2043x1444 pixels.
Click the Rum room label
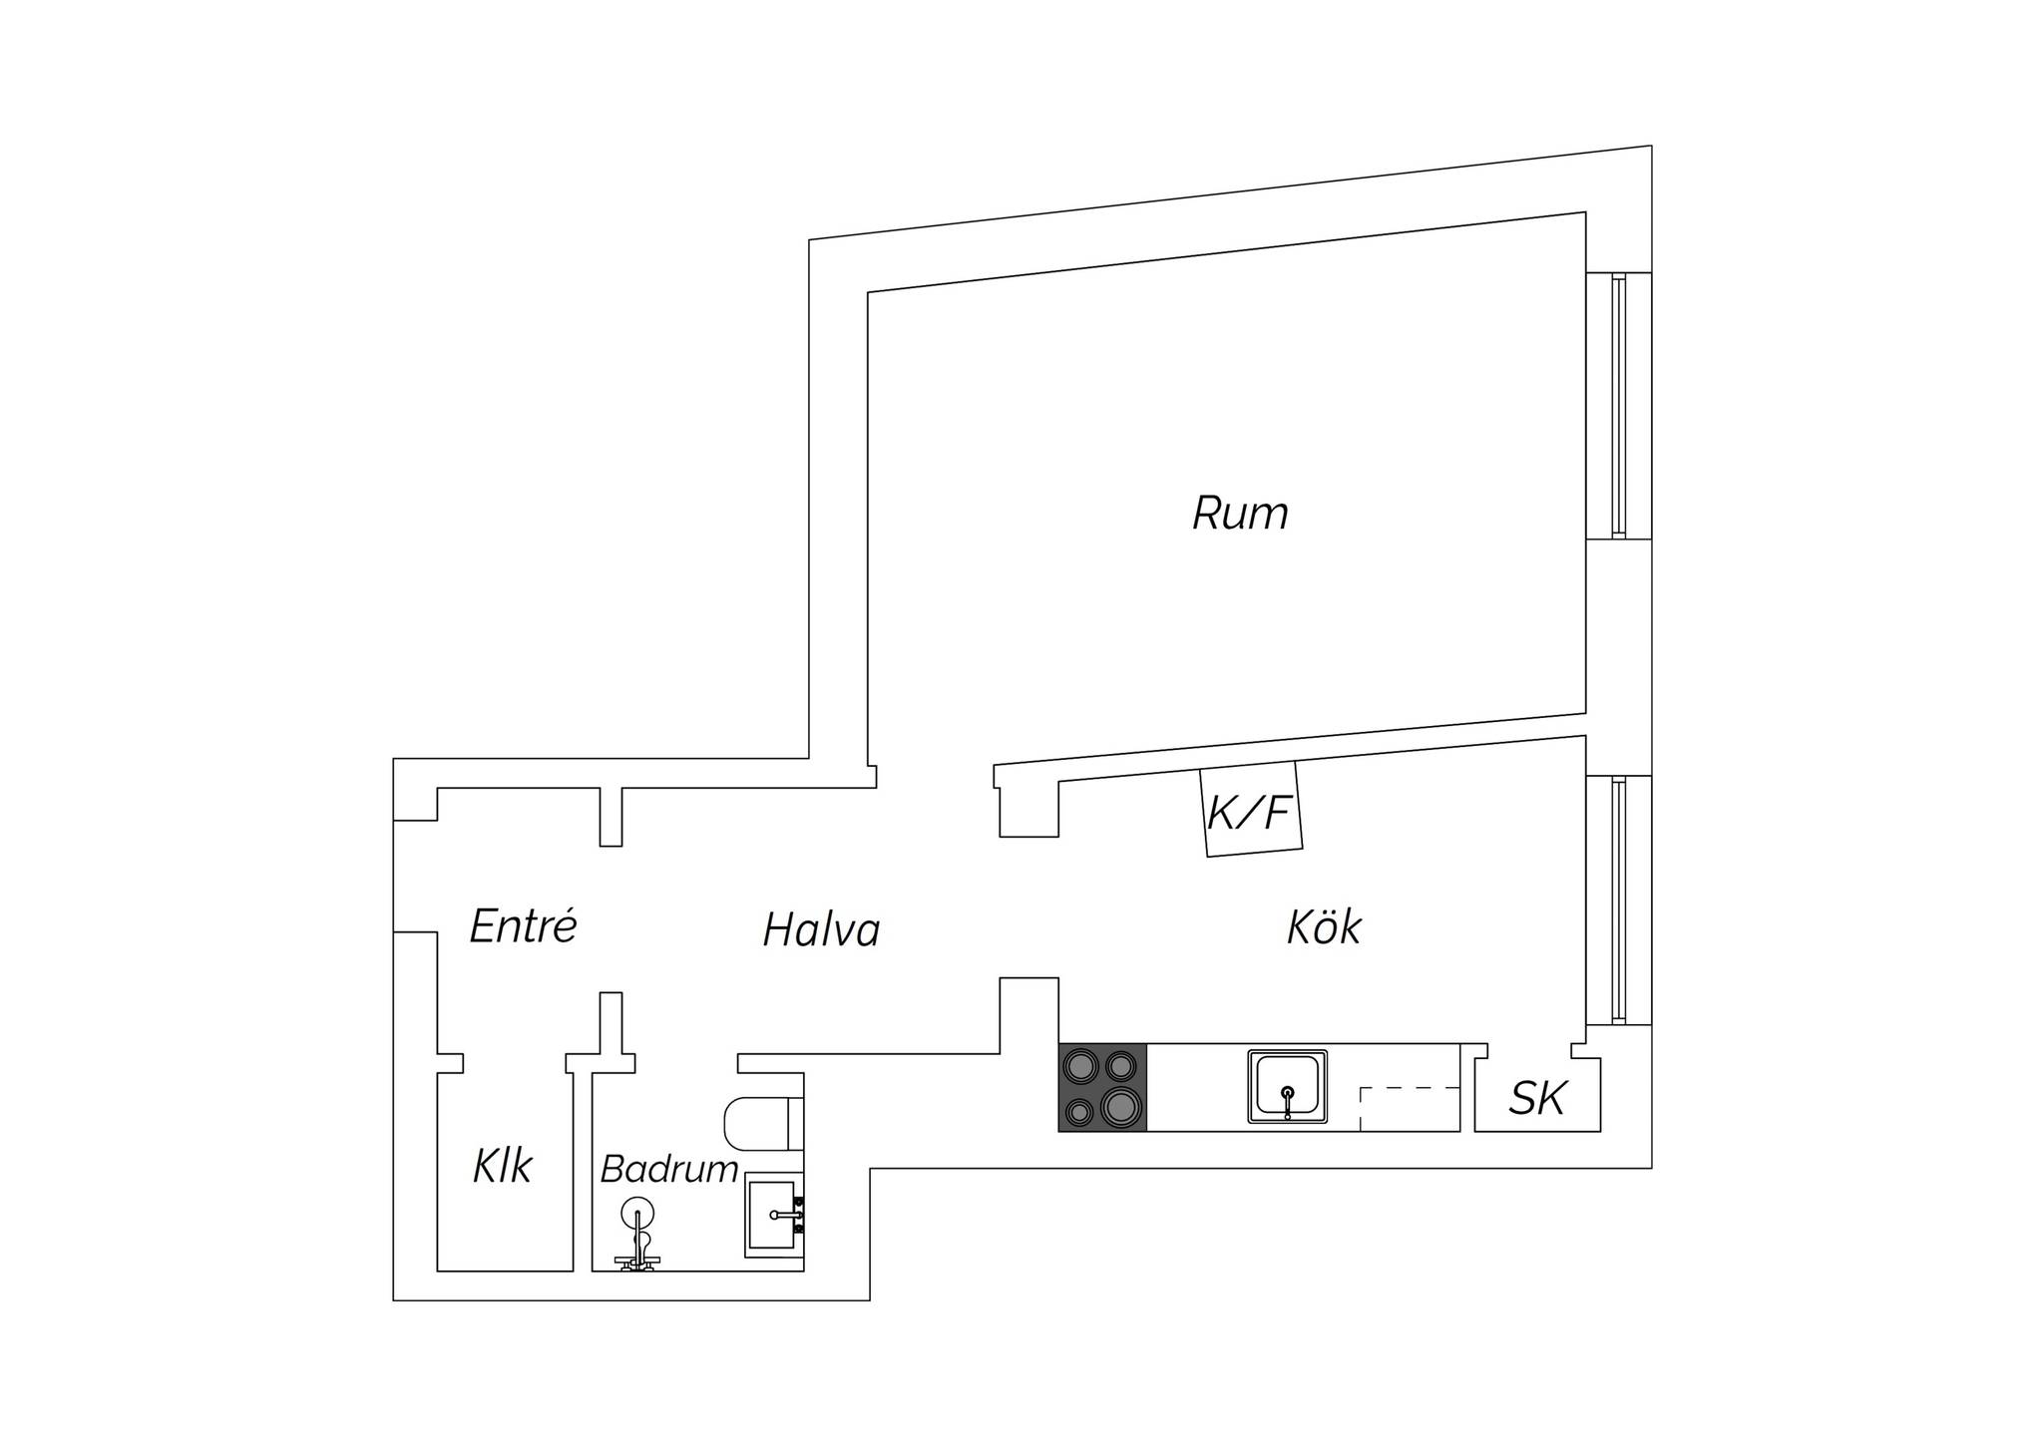click(1240, 514)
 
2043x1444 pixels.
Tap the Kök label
click(1324, 926)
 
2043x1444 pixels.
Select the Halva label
click(821, 929)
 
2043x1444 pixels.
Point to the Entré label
click(524, 925)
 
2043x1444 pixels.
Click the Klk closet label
click(503, 1165)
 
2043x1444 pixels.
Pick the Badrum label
click(669, 1169)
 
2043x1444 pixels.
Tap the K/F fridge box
click(1251, 809)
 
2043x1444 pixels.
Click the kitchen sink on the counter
click(1287, 1086)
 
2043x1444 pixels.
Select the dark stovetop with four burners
click(1102, 1088)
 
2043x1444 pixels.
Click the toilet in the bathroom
click(764, 1123)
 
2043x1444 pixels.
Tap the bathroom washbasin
click(774, 1215)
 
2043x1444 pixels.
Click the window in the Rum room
click(1618, 406)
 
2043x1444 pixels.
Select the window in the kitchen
click(1618, 900)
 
